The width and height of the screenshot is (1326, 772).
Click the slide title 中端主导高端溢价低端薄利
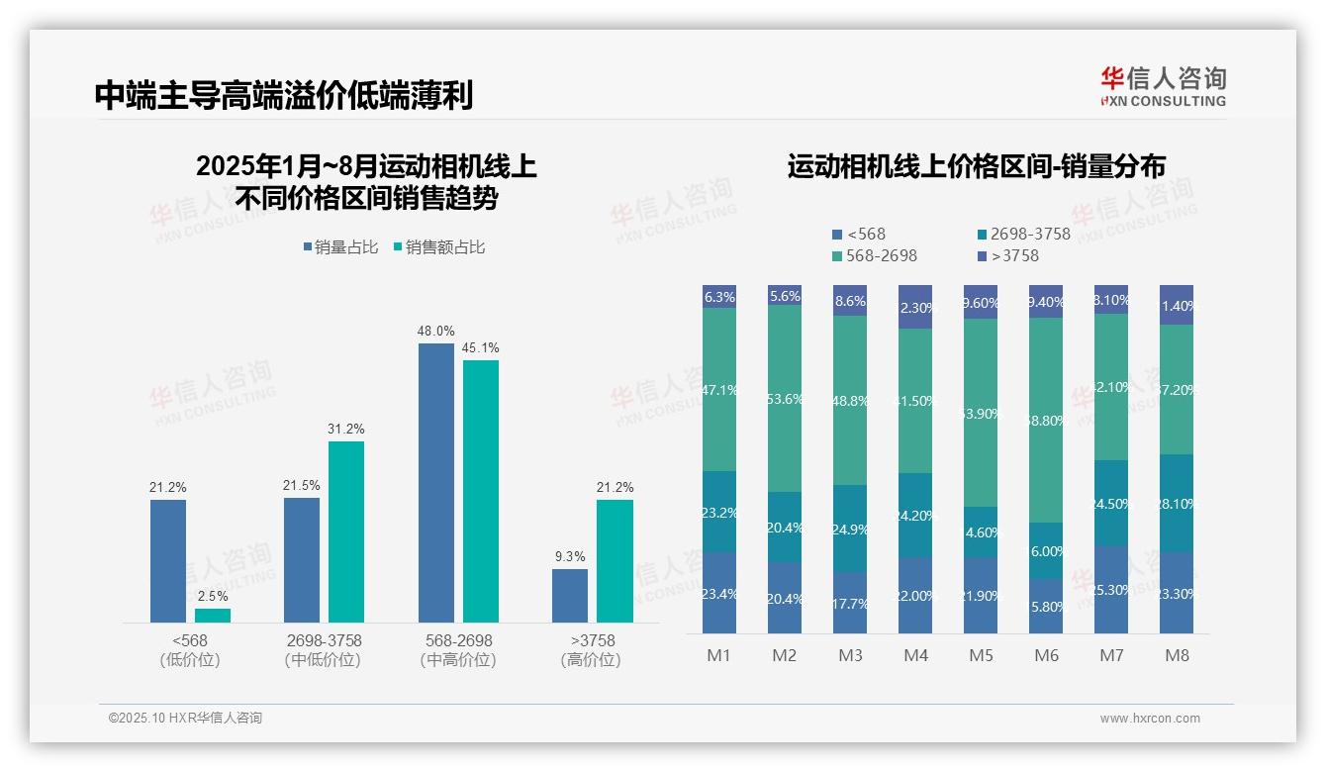[x=284, y=95]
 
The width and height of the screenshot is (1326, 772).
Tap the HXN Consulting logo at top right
[x=1163, y=87]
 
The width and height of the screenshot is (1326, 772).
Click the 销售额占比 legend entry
[x=440, y=247]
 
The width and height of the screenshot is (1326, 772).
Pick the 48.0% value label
[x=436, y=332]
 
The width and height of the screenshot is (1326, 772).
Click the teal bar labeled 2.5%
[x=213, y=616]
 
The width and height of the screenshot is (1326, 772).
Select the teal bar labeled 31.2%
[x=346, y=531]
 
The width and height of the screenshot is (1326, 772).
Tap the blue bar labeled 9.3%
[x=570, y=596]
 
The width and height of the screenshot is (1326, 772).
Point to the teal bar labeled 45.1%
[x=481, y=491]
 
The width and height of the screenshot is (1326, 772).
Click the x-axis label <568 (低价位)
[x=189, y=650]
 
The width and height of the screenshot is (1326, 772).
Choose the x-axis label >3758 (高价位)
[x=591, y=650]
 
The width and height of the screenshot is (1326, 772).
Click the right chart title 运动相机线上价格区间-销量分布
[x=976, y=166]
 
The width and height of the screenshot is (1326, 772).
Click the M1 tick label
[x=719, y=655]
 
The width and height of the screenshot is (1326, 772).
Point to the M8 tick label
[x=1177, y=655]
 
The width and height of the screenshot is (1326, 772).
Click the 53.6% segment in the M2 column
[x=785, y=399]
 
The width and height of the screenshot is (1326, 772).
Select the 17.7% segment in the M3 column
[x=850, y=603]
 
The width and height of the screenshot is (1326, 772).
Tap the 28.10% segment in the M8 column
[x=1177, y=503]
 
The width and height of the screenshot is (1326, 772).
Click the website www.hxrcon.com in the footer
[x=1150, y=719]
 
